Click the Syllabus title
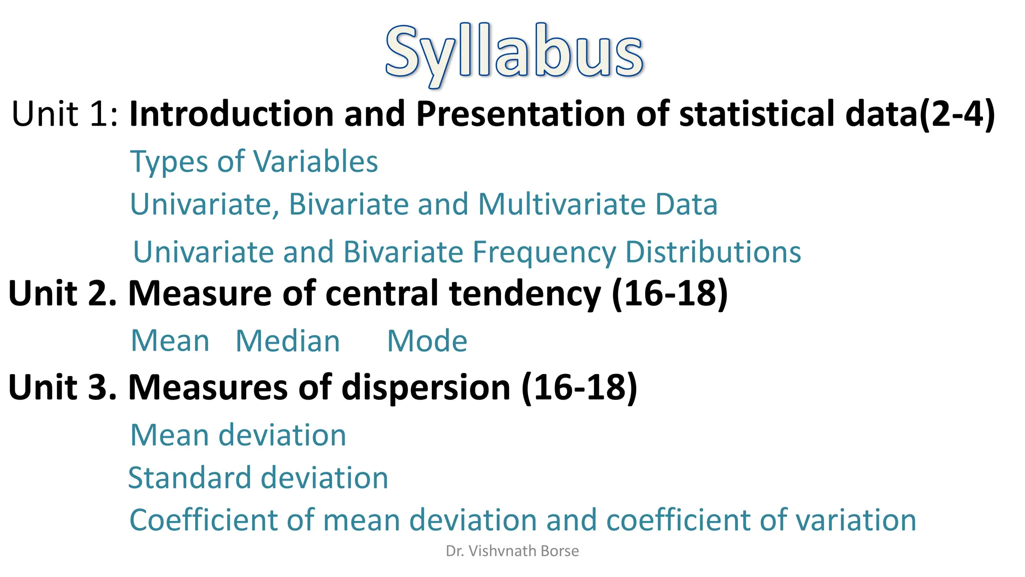click(514, 53)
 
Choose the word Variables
click(315, 162)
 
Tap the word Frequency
click(544, 252)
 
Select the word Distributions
click(713, 251)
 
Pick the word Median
click(288, 341)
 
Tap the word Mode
click(427, 341)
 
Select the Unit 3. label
click(63, 387)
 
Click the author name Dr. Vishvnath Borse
click(512, 551)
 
